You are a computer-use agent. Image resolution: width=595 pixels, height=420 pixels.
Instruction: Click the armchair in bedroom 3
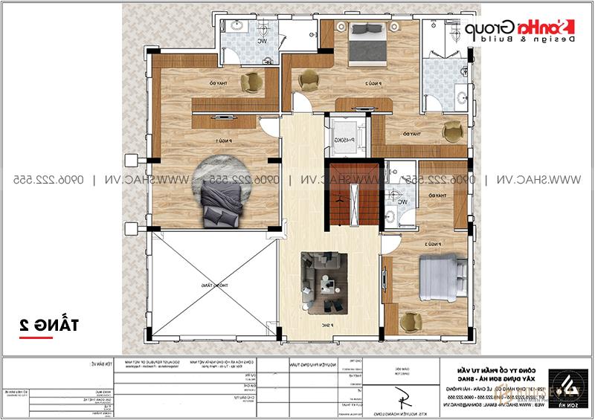tap(409, 320)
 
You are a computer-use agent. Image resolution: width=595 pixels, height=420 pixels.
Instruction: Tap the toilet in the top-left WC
tap(239, 28)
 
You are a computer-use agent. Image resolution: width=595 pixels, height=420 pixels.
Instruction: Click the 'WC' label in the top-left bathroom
tap(261, 41)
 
